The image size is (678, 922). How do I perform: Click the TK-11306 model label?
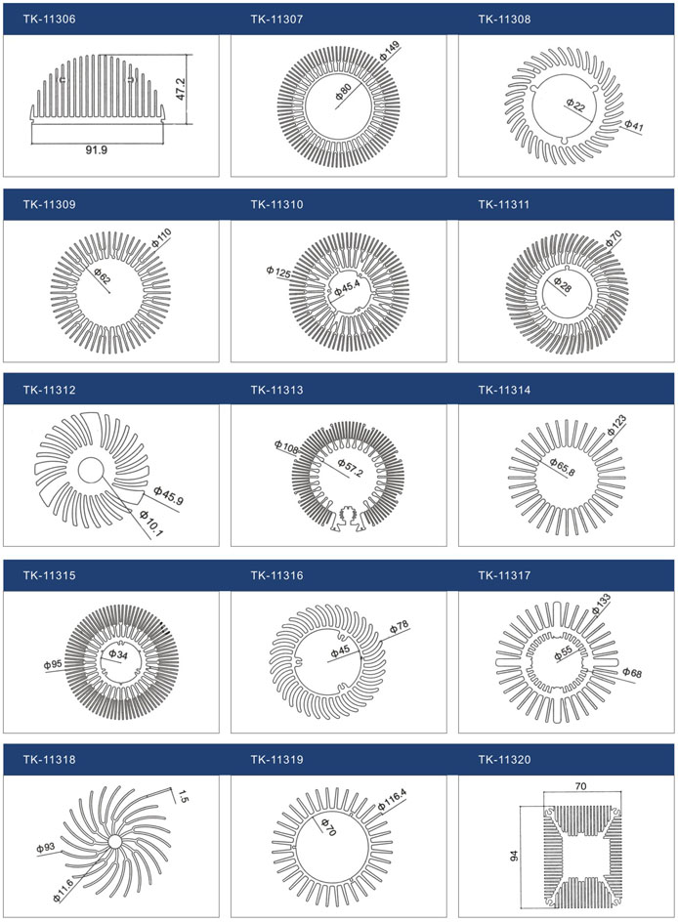(x=50, y=20)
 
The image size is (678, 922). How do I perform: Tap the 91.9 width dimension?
(x=97, y=150)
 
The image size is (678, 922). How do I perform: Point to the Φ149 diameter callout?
(x=389, y=51)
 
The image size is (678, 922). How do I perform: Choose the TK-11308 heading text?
(x=504, y=20)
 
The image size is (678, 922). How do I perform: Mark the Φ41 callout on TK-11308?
(x=634, y=125)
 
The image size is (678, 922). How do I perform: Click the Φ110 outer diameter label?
(x=161, y=237)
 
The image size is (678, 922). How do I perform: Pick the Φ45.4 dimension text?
(x=347, y=288)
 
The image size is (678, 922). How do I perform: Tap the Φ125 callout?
(x=278, y=272)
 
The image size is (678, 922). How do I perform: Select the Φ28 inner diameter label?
(x=562, y=284)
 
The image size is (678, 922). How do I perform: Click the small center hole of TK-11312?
(x=91, y=470)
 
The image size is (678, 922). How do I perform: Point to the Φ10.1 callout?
(x=151, y=524)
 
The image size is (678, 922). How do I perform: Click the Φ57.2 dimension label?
(x=351, y=468)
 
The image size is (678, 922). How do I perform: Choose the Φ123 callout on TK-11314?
(x=616, y=425)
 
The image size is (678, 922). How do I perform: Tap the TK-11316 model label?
(x=276, y=575)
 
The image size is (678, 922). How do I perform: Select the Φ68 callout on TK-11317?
(x=632, y=672)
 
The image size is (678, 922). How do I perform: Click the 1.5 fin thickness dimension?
(x=183, y=797)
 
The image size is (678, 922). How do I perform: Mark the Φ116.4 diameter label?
(x=392, y=800)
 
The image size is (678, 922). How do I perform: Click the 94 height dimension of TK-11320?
(x=515, y=855)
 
